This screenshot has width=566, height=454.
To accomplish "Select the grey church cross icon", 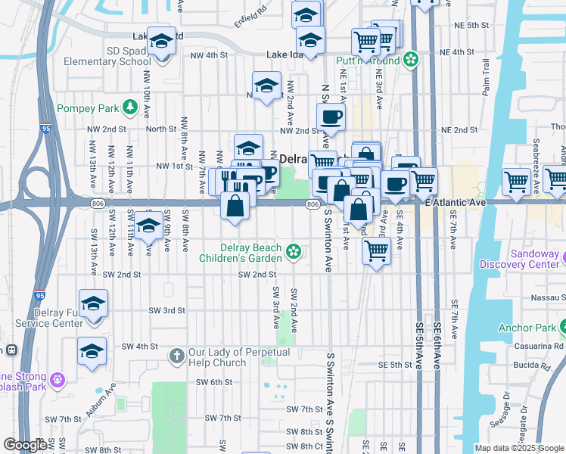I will pos(176,353).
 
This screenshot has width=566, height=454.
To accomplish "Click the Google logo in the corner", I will pos(26,445).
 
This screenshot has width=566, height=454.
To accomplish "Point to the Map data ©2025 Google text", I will pos(519,448).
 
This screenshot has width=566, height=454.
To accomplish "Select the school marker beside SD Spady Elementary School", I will pos(161,42).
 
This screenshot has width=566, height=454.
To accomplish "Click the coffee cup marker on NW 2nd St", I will pos(330,118).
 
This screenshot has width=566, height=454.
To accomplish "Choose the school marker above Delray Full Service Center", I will pos(93,304).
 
